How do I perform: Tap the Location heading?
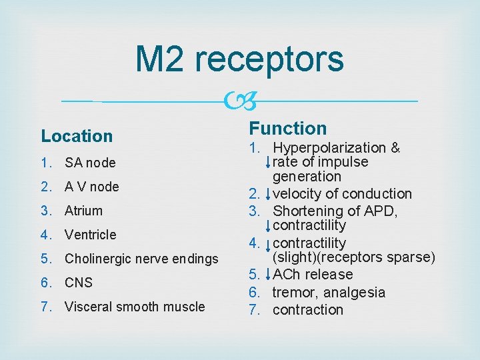(77, 136)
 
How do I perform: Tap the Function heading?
(288, 128)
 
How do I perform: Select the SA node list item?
(90, 163)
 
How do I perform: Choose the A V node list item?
(91, 187)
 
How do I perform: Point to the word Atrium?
(83, 211)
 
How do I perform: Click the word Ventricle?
(90, 235)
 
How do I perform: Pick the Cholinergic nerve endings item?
(141, 259)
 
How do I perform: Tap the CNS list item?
(78, 283)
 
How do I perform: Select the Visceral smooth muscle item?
(135, 307)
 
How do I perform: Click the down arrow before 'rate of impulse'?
(267, 162)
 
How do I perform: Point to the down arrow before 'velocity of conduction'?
(267, 194)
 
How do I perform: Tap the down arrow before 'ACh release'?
(267, 275)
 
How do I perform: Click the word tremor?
(293, 292)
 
